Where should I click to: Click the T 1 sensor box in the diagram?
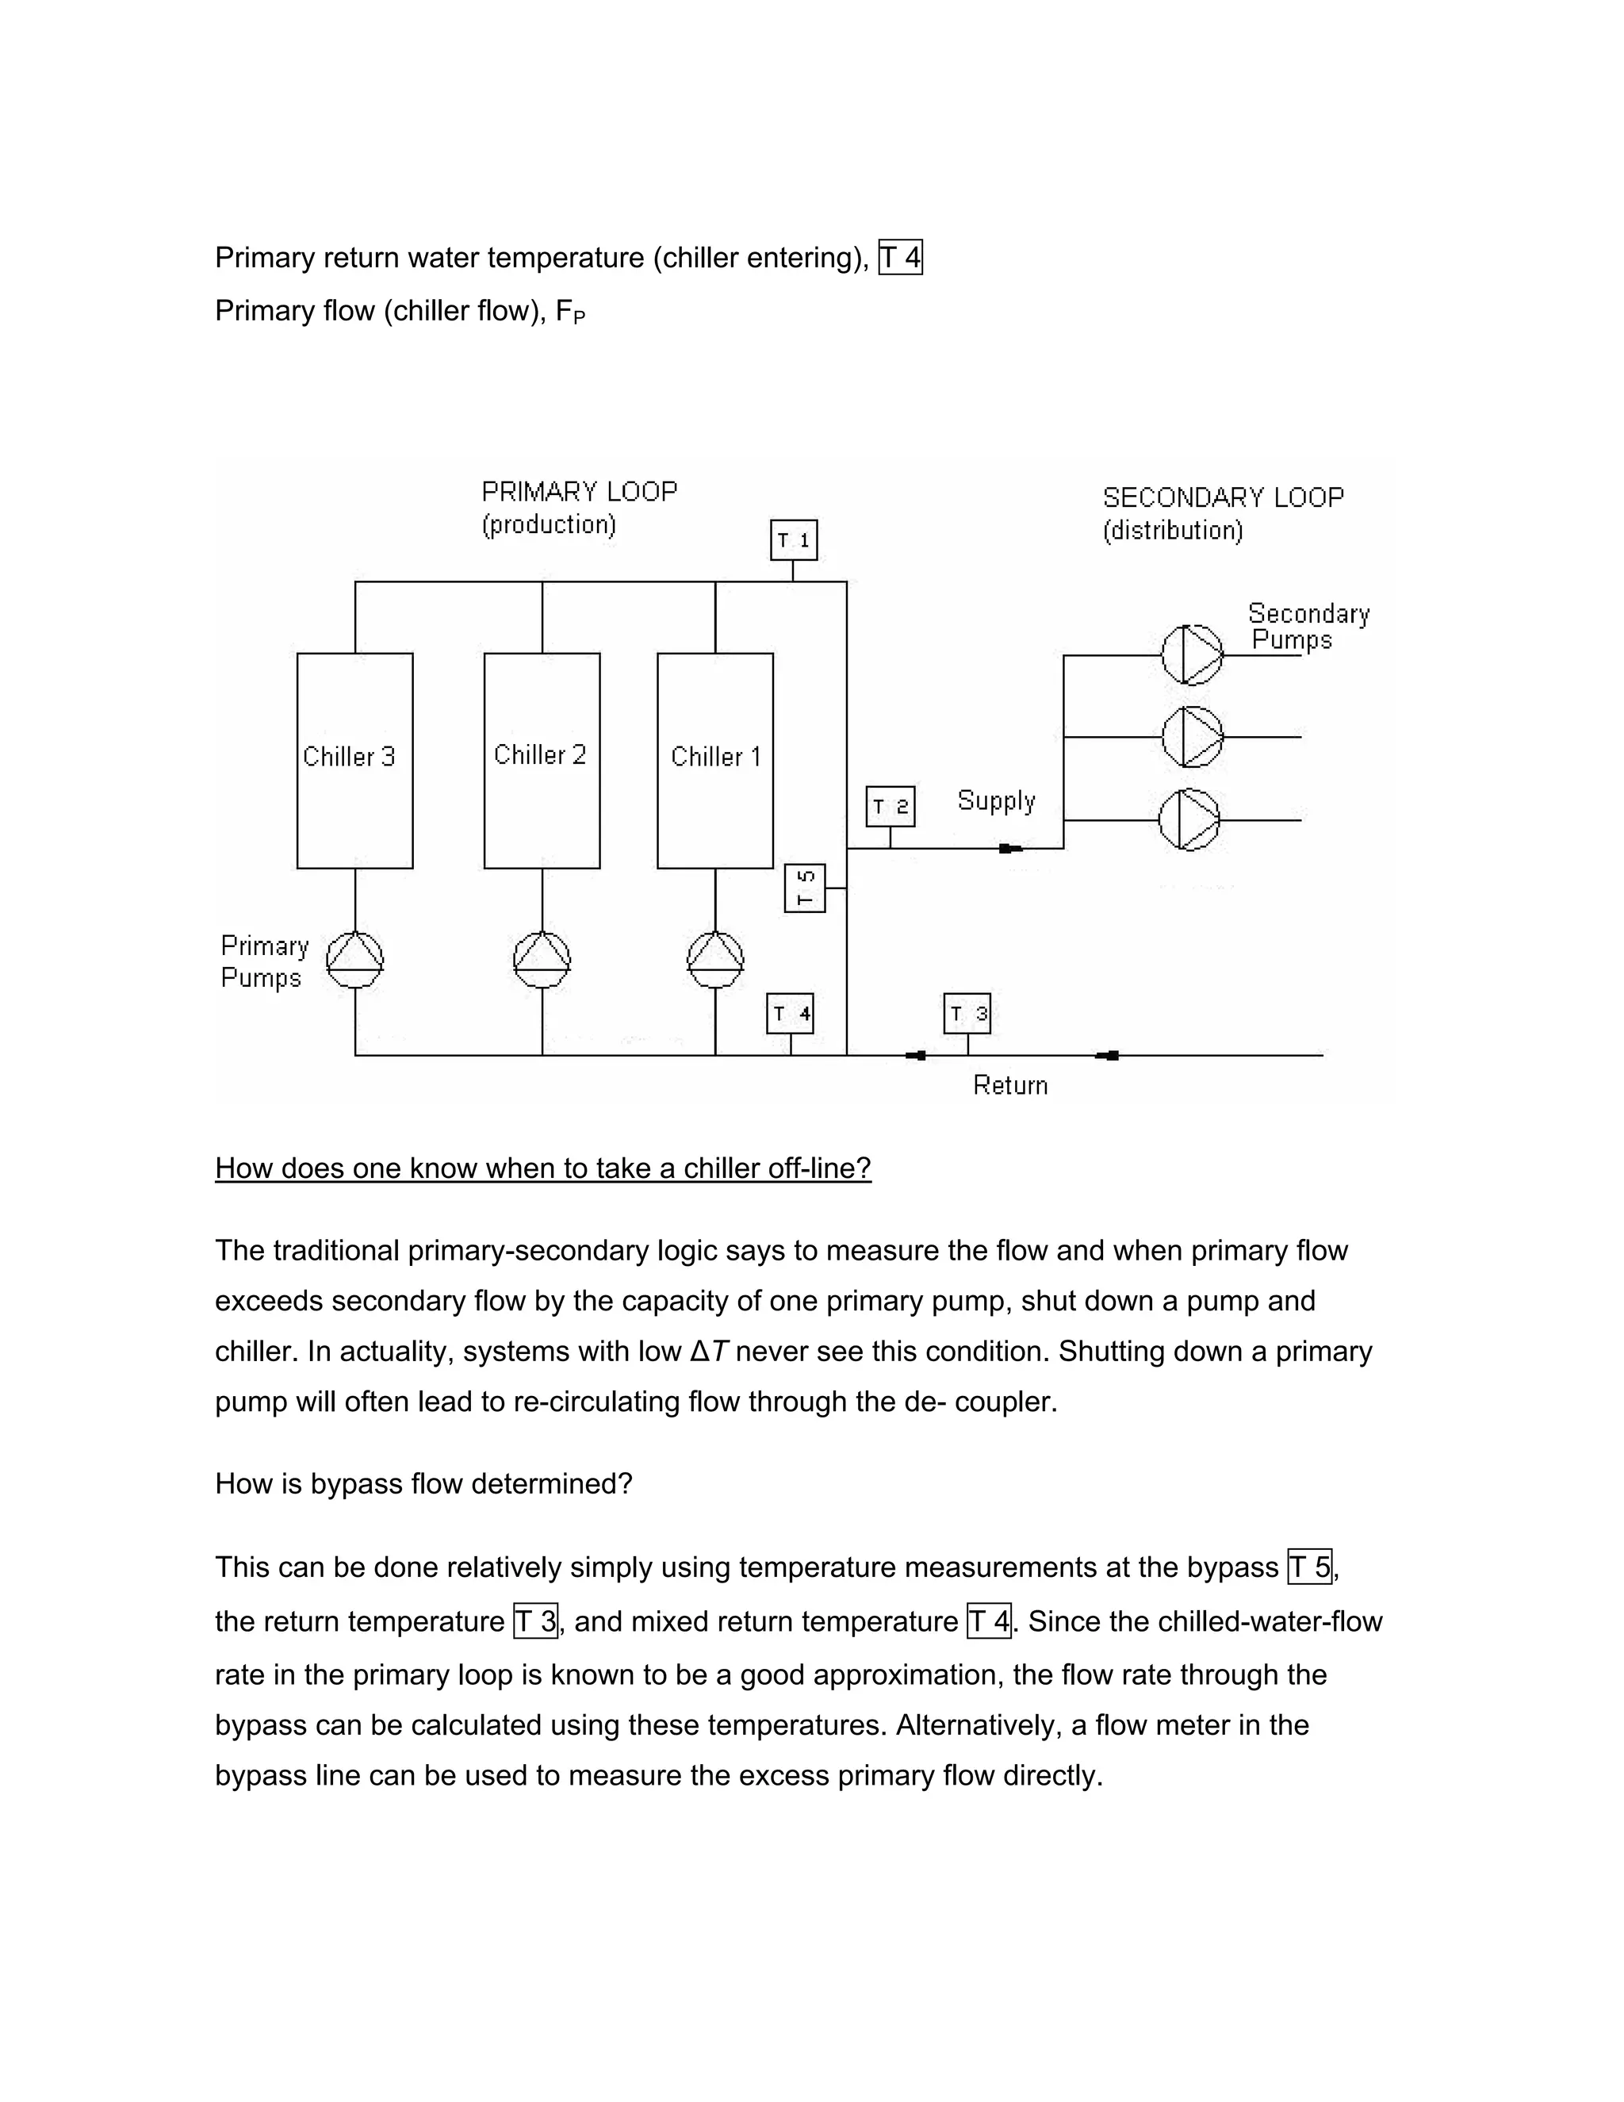pos(794,540)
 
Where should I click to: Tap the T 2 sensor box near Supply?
pos(890,807)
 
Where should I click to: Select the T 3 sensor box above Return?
pos(967,1014)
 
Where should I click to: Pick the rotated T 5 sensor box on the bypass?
pos(806,888)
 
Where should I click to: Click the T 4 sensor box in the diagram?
pos(790,1014)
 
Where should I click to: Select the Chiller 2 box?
pos(542,761)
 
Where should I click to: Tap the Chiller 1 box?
pos(714,761)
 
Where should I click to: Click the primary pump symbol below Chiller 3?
pos(355,959)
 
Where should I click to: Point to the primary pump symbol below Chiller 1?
pos(714,959)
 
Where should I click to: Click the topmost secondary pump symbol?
pos(1191,654)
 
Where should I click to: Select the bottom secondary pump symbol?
pos(1189,820)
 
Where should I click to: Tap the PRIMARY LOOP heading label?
pos(579,492)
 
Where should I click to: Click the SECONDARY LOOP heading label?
pos(1223,497)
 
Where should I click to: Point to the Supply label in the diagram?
pos(996,801)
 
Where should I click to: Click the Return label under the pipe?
pos(1009,1086)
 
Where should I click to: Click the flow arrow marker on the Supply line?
pos(1010,848)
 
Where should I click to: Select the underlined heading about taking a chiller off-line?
pos(542,1168)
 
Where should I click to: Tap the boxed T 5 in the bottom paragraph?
pos(1309,1568)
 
